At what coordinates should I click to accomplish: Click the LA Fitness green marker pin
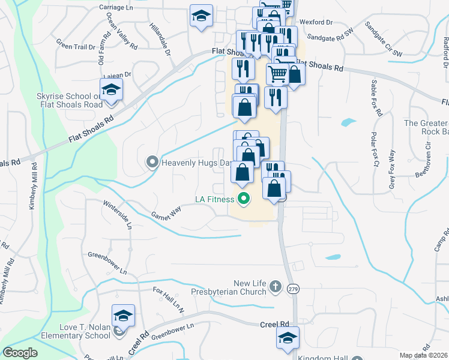[243, 199]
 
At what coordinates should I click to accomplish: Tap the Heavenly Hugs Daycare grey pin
[152, 162]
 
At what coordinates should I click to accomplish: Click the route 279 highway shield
[293, 289]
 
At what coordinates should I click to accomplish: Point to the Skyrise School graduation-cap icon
[111, 90]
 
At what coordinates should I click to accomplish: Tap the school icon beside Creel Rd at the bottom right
[288, 337]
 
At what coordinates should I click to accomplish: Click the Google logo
[20, 352]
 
